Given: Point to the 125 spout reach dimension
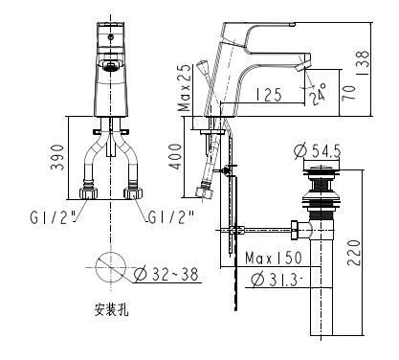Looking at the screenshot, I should click(x=268, y=94).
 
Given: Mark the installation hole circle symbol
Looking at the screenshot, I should click(x=111, y=266).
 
